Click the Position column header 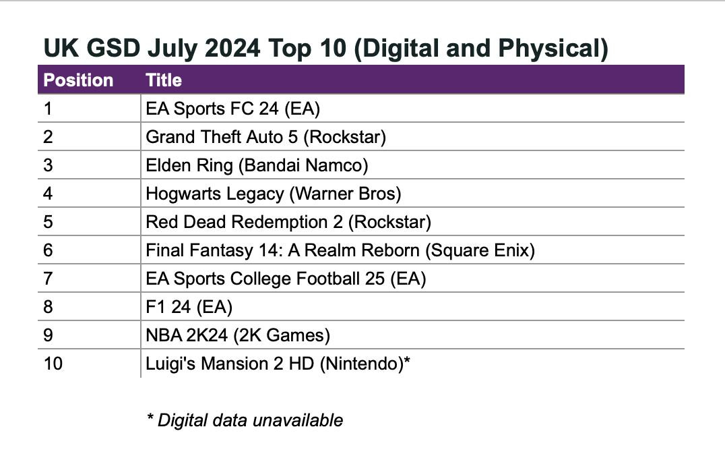tap(78, 80)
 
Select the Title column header tap(164, 80)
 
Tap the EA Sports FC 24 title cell tap(232, 109)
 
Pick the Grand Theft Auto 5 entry tap(265, 137)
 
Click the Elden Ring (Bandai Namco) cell tap(257, 165)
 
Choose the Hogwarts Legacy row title tap(273, 194)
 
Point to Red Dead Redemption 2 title tap(288, 222)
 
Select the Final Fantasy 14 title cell tap(340, 250)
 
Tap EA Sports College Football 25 tap(286, 279)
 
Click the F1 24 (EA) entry tap(189, 307)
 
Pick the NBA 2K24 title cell tap(238, 335)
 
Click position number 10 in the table tap(53, 364)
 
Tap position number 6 tap(48, 250)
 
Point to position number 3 tap(48, 165)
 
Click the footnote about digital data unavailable tap(245, 420)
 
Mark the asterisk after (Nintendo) tap(407, 362)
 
